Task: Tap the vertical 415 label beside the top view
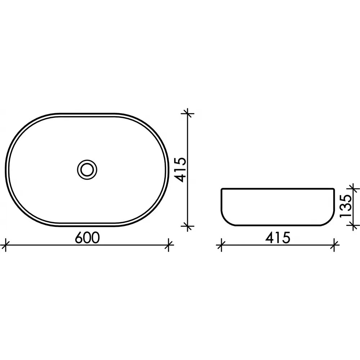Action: [179, 170]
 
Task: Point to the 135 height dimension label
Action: [346, 206]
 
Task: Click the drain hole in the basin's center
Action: [87, 170]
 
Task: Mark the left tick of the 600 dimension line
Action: [5, 245]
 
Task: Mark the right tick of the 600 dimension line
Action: [169, 245]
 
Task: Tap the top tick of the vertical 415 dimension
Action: [188, 113]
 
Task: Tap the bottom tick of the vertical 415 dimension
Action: [188, 226]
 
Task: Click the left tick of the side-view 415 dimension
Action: [221, 245]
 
